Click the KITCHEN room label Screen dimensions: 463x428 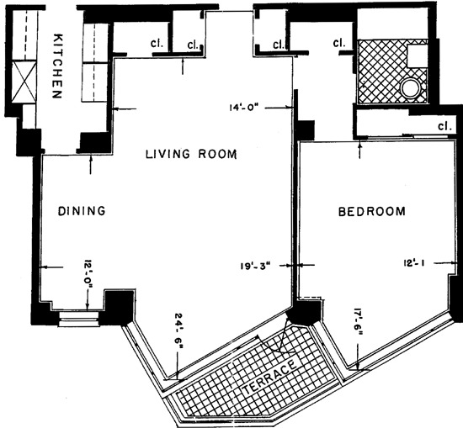click(57, 66)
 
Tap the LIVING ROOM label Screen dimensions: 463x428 click(191, 154)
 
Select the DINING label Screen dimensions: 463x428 click(82, 211)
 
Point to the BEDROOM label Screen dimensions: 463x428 click(372, 212)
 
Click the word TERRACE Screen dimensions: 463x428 click(269, 378)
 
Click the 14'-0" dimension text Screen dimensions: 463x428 click(244, 108)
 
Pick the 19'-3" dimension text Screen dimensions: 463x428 click(255, 266)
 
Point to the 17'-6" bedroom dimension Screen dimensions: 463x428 click(358, 323)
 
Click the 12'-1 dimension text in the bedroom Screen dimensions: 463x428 click(413, 262)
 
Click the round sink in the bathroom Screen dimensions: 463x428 click(410, 87)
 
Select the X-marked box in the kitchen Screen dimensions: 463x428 click(24, 82)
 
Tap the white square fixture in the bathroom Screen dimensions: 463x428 click(418, 56)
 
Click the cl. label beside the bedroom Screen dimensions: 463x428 click(444, 126)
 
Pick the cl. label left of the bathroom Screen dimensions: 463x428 click(339, 43)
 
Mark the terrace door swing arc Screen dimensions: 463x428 click(281, 339)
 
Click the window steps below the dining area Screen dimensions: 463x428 click(79, 320)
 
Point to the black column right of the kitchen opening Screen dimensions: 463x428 click(94, 143)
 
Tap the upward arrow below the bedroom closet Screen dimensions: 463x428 click(359, 150)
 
